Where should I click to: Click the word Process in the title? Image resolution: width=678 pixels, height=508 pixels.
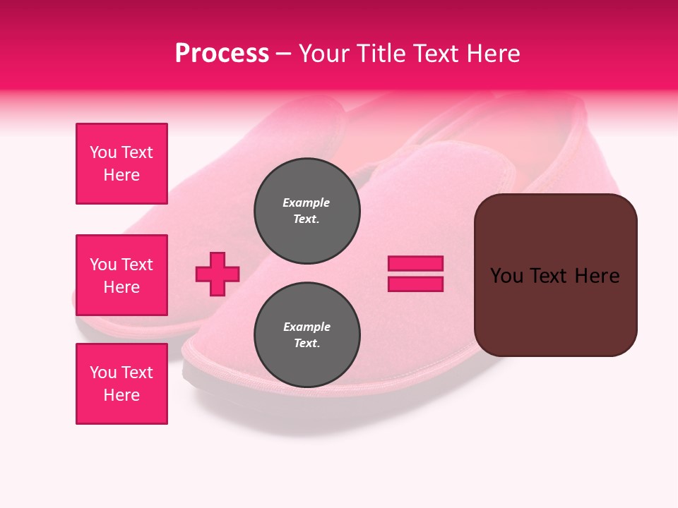[222, 54]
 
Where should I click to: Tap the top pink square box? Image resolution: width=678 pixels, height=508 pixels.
[121, 164]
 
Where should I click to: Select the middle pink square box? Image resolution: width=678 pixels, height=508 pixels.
[121, 275]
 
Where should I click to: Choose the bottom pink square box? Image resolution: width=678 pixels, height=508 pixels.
[121, 384]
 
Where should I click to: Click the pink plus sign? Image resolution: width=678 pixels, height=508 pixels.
[218, 274]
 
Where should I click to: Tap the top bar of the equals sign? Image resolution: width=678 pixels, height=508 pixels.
[415, 263]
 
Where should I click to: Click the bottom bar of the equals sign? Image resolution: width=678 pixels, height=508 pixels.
[415, 284]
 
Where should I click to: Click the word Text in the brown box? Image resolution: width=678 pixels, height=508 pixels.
[550, 276]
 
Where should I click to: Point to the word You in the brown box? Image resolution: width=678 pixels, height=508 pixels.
[507, 276]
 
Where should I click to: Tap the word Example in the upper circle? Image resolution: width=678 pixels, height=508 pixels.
[306, 202]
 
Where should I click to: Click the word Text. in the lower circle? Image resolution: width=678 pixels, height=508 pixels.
[307, 344]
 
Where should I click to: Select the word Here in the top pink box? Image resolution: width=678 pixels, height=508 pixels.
[121, 175]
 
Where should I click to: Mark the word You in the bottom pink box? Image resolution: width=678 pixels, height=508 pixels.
[102, 373]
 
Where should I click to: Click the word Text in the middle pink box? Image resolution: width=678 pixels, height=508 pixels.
[137, 265]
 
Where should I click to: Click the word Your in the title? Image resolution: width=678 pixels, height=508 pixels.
[323, 54]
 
